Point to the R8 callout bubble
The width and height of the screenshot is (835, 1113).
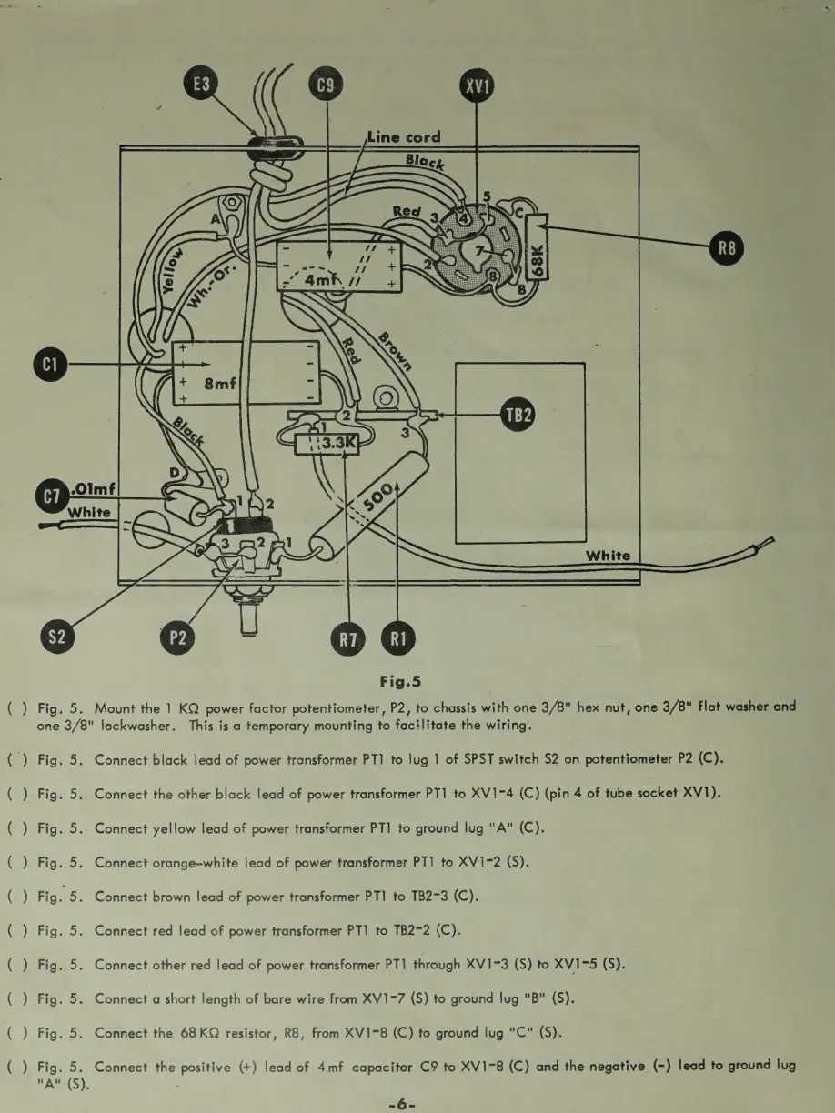click(x=727, y=246)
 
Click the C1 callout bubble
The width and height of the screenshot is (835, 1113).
click(x=51, y=366)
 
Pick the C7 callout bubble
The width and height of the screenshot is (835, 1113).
click(x=51, y=496)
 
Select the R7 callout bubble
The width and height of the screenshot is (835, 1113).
click(x=347, y=638)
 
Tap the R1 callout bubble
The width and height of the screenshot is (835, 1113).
click(x=397, y=638)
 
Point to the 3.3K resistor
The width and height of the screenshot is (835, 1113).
click(x=328, y=444)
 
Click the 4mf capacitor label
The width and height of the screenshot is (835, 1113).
click(x=321, y=281)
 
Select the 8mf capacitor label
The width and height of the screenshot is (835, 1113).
click(x=220, y=384)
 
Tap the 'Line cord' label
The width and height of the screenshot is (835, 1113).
click(x=404, y=137)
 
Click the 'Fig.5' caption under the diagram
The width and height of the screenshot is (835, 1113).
click(x=400, y=680)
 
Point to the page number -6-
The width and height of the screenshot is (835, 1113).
click(x=401, y=1104)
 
